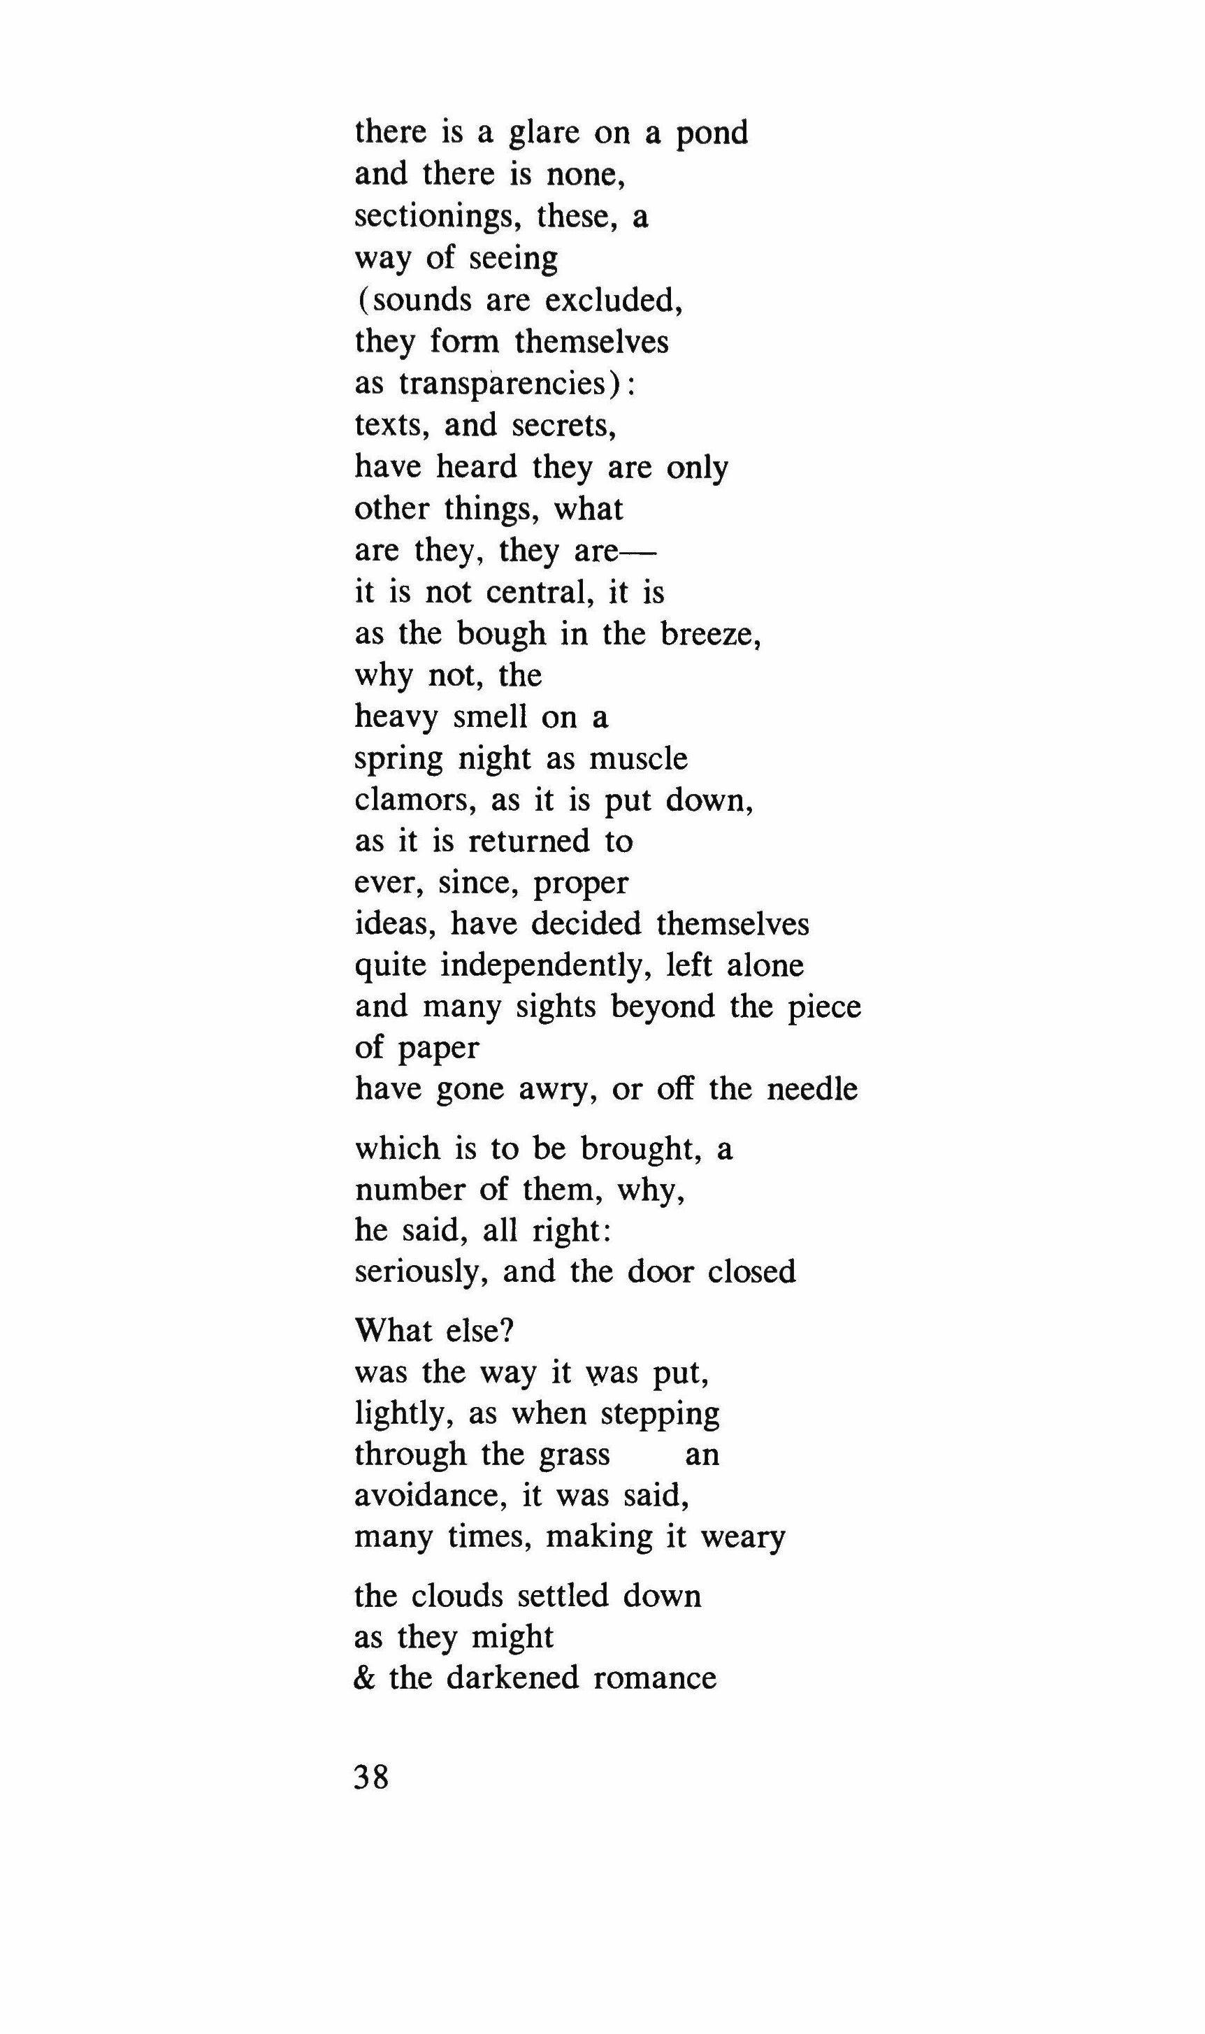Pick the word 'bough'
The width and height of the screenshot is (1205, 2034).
coord(501,633)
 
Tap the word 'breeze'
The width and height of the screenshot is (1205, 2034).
coord(709,633)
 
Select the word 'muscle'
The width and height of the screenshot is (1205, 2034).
coord(638,758)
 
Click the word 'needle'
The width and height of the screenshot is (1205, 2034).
coord(811,1089)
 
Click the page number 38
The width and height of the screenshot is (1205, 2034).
coord(372,1777)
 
